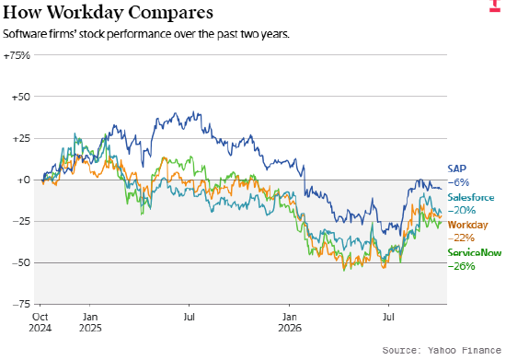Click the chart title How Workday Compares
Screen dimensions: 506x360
point(108,12)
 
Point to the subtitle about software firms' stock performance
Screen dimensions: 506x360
point(146,34)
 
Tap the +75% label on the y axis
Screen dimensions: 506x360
point(17,55)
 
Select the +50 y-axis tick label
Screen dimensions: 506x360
point(21,97)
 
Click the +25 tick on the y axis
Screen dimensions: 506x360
point(21,139)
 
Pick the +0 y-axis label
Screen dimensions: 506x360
point(23,180)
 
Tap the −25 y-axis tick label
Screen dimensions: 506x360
point(21,222)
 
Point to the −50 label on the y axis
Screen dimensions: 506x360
point(21,262)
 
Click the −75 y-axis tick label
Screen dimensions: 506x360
point(21,304)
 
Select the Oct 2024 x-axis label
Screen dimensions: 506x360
point(40,322)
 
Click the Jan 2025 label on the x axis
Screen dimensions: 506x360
point(90,322)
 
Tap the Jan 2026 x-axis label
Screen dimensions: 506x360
point(290,322)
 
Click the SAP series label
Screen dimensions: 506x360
point(457,168)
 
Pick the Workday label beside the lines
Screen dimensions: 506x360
point(467,225)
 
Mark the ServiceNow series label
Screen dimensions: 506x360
point(475,252)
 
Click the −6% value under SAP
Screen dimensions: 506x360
point(458,182)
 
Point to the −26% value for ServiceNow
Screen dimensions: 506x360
point(462,266)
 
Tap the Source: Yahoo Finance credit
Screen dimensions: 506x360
point(442,350)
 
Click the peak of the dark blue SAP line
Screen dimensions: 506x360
point(193,111)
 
